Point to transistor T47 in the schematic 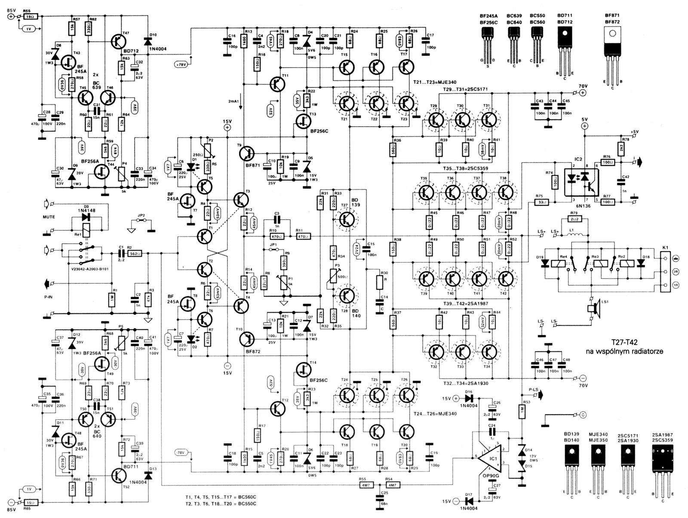(x=117, y=41)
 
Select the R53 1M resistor (x=522, y=412)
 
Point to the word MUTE (x=49, y=217)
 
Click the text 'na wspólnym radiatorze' (x=625, y=351)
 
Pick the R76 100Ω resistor (x=607, y=162)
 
